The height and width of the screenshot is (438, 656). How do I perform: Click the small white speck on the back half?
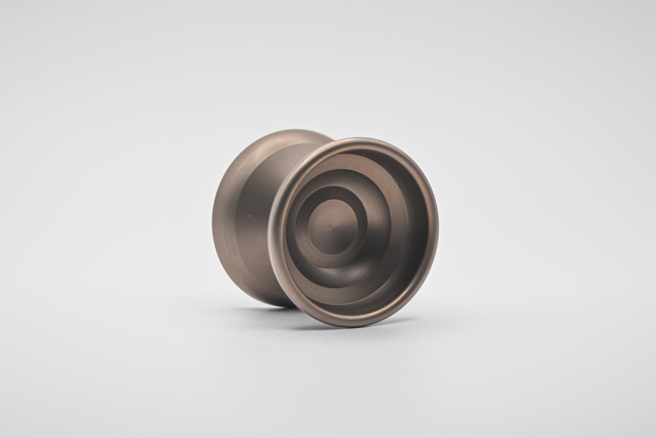coord(247,216)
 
